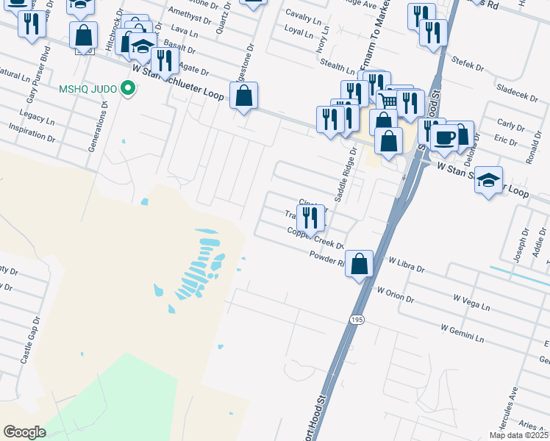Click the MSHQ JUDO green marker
coord(129,90)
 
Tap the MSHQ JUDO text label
coord(88,90)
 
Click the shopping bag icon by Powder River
coord(359,264)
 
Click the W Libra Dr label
coord(407,264)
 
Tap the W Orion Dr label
coord(395,295)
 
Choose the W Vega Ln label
coord(471,301)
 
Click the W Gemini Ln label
coord(463,334)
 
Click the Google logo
coord(24,431)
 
